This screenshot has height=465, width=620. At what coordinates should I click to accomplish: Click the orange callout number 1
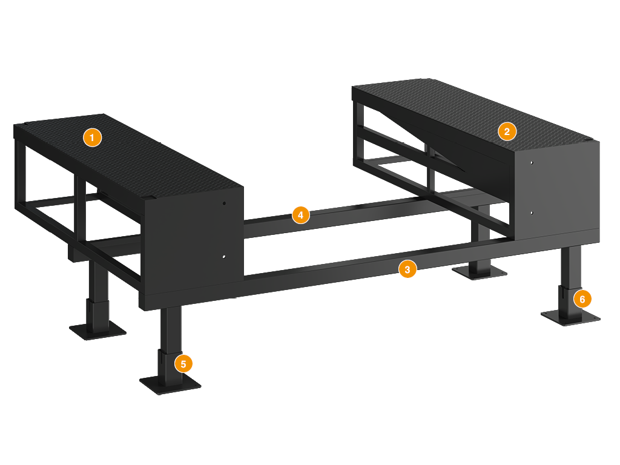click(x=92, y=137)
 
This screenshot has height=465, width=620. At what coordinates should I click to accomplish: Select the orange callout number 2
click(x=507, y=131)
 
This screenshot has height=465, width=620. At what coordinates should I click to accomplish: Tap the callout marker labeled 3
click(x=407, y=269)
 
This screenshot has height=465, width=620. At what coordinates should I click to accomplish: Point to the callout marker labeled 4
click(x=300, y=215)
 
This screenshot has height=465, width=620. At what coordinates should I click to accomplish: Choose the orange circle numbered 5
click(x=183, y=364)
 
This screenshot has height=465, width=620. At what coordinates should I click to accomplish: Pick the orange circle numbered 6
click(x=582, y=299)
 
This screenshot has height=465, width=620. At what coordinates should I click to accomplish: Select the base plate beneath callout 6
click(x=570, y=317)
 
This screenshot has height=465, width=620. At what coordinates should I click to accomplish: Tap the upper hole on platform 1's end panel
click(x=224, y=203)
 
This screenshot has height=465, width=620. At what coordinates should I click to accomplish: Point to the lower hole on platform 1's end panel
click(x=224, y=257)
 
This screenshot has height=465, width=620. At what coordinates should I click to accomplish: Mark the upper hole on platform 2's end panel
click(x=532, y=162)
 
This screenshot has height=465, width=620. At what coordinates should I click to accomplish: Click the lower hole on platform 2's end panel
click(x=532, y=213)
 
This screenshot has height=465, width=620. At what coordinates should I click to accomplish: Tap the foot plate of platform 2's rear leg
click(x=480, y=272)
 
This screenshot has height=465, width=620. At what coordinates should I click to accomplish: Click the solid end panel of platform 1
click(x=194, y=241)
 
